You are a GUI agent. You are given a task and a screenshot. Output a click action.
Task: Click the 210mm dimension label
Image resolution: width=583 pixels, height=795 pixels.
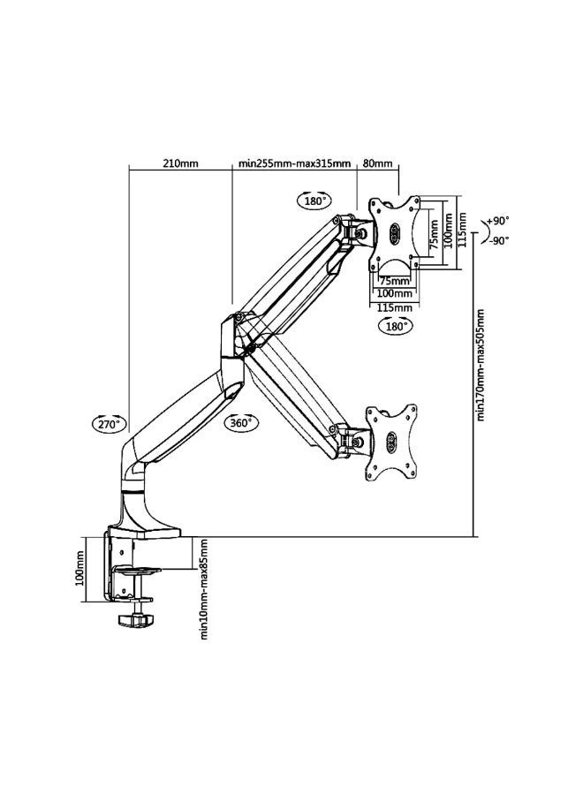click(x=180, y=163)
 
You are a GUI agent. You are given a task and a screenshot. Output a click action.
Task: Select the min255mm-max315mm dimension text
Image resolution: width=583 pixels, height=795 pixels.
click(x=294, y=163)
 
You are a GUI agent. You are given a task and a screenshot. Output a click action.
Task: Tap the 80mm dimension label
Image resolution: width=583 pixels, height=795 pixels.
click(x=378, y=163)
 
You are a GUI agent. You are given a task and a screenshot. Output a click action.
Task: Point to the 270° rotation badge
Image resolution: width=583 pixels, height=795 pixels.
click(x=109, y=424)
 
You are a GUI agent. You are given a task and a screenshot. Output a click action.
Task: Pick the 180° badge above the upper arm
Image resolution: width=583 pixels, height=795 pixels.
click(x=314, y=201)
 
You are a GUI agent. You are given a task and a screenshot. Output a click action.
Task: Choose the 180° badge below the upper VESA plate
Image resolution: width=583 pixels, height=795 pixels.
click(x=396, y=326)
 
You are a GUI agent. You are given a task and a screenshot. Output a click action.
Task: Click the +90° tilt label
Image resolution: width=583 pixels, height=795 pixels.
click(x=498, y=221)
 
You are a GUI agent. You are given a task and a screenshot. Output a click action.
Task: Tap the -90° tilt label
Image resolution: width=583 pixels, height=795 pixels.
click(x=499, y=241)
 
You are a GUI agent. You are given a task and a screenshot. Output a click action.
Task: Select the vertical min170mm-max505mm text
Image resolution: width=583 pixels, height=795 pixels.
click(x=481, y=365)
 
